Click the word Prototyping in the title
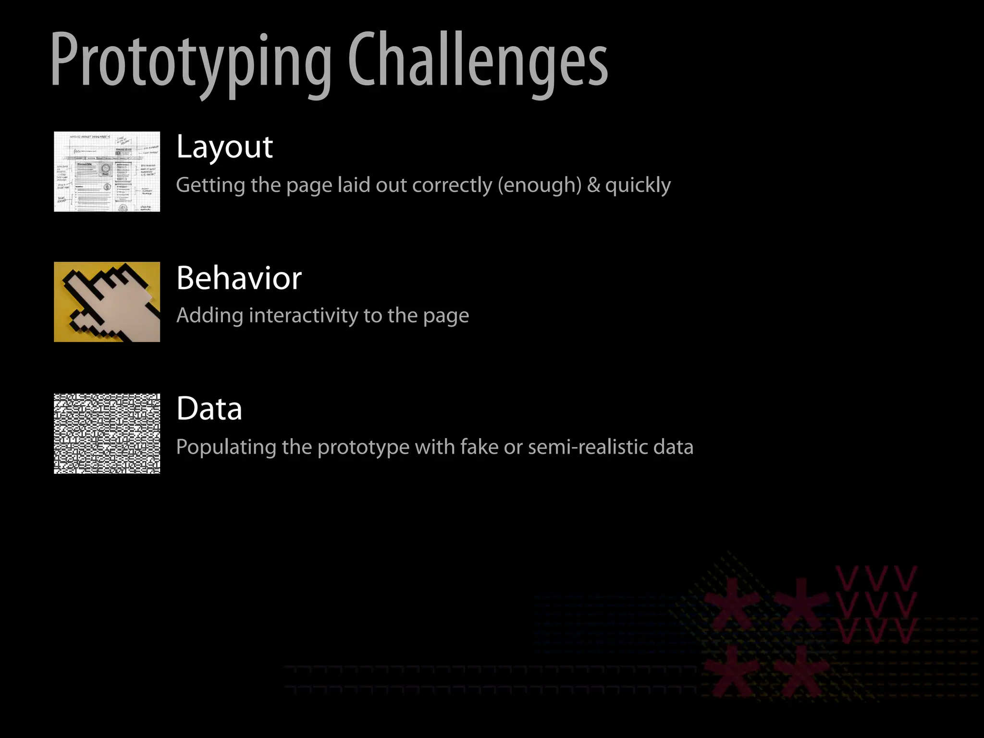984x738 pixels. point(191,60)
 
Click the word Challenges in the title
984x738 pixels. point(478,60)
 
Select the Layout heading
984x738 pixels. point(224,147)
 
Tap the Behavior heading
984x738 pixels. point(239,278)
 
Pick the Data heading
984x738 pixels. point(209,409)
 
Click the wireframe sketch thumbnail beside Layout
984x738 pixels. point(107,172)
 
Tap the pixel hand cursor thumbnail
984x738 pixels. point(107,302)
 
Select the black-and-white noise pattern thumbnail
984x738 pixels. point(107,433)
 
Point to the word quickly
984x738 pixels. point(638,185)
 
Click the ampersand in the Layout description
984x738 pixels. point(593,185)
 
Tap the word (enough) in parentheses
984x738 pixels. point(540,185)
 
